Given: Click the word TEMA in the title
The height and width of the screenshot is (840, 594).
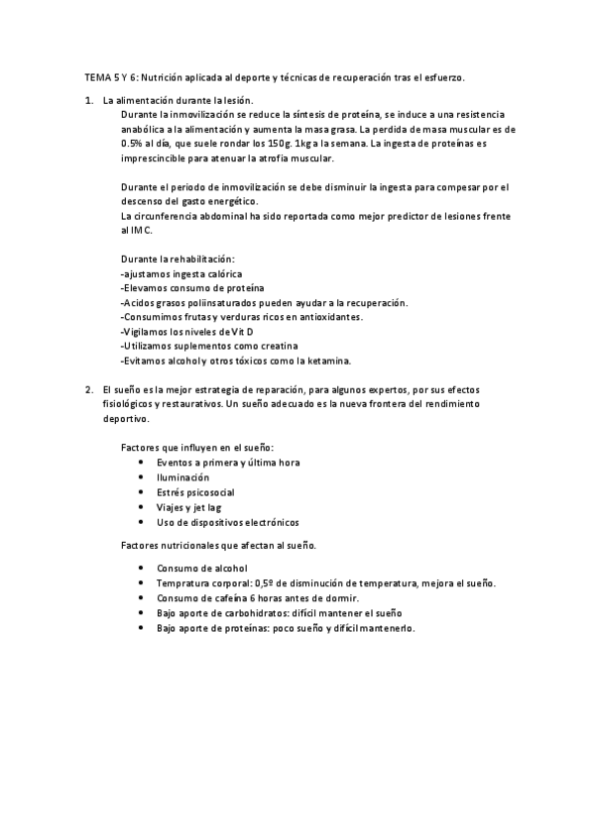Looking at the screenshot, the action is pyautogui.click(x=96, y=76).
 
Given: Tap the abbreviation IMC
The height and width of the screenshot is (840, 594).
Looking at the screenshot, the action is pyautogui.click(x=141, y=230).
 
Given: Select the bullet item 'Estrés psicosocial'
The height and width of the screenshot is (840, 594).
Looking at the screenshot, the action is pyautogui.click(x=195, y=491).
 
